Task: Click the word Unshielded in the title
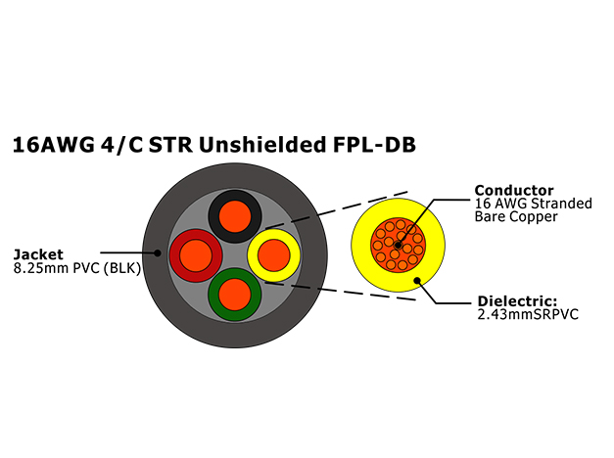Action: (x=262, y=145)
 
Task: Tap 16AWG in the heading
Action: (x=54, y=145)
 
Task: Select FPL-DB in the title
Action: (x=374, y=145)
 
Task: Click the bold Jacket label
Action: (x=38, y=254)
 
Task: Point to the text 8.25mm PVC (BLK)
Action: (x=77, y=268)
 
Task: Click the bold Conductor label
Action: (x=514, y=190)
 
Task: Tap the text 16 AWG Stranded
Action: (x=534, y=204)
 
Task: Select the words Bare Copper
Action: (x=516, y=216)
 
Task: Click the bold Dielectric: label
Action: (x=517, y=301)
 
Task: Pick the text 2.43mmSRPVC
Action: (x=528, y=314)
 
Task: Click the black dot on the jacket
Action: (x=158, y=252)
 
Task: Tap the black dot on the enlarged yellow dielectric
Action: (x=417, y=281)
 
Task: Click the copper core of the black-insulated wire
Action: (x=235, y=216)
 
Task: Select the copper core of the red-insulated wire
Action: (x=196, y=255)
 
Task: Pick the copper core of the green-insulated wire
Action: (x=235, y=295)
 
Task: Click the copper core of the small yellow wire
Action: (x=274, y=255)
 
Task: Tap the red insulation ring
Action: (x=175, y=255)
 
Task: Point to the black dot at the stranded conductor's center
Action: (x=398, y=246)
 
